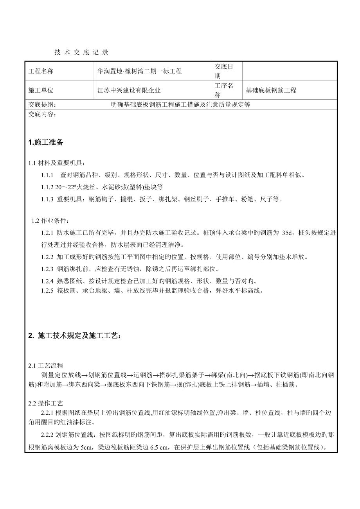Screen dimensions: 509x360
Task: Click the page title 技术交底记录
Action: (81, 52)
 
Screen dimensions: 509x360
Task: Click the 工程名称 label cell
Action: (41, 71)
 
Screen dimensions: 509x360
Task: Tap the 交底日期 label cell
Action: (223, 71)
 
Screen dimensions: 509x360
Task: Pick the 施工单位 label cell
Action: (41, 90)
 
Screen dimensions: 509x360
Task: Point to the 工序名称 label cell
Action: (223, 90)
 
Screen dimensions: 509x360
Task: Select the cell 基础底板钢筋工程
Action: (271, 90)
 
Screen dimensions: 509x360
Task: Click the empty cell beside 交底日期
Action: (290, 71)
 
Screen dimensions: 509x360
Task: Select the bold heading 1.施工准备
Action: (46, 143)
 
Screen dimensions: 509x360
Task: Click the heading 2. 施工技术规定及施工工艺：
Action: (75, 336)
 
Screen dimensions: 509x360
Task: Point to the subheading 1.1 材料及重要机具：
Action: (56, 163)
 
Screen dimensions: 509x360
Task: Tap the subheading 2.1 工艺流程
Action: (45, 366)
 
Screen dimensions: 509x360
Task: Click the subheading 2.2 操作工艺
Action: (45, 403)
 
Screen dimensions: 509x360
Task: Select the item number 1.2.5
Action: (47, 290)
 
